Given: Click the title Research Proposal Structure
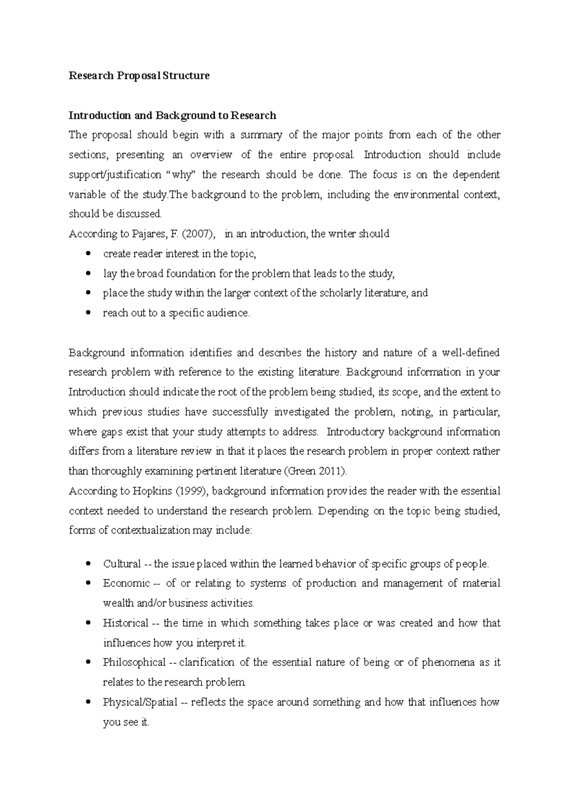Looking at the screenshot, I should point(139,76).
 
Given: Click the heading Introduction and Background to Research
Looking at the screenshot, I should point(172,116).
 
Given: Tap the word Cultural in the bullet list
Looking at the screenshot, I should point(122,564).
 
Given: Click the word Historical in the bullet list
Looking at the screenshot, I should point(126,623).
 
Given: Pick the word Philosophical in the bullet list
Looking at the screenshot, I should point(134,662).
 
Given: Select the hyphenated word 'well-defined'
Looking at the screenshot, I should point(470,353).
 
